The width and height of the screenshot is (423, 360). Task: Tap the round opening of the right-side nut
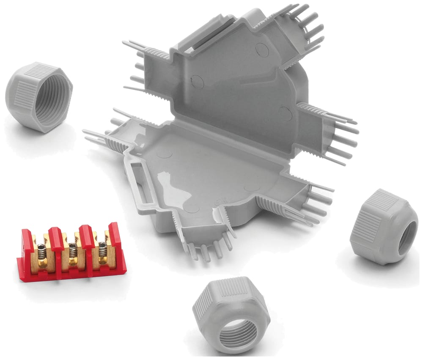pyautogui.click(x=407, y=237)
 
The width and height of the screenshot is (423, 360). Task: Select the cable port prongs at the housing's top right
pyautogui.click(x=309, y=25)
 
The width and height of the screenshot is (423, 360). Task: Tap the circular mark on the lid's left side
pyautogui.click(x=197, y=82)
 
